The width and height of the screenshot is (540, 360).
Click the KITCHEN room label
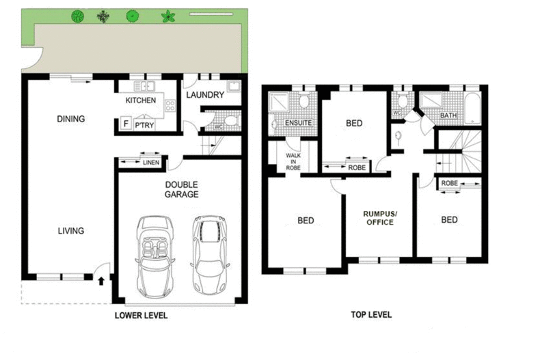tap(141, 100)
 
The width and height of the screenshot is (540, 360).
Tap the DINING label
tap(70, 119)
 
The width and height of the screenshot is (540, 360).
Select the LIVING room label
tap(71, 231)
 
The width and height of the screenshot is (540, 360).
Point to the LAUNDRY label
tap(205, 95)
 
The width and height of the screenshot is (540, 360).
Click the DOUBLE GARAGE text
tap(182, 190)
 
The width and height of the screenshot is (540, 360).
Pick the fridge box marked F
tap(126, 123)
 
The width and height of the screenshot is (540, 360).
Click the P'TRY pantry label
tap(144, 125)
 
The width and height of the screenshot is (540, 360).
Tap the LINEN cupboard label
tap(151, 163)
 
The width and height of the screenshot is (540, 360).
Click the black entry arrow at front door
tap(101, 281)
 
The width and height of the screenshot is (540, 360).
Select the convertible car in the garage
tap(154, 256)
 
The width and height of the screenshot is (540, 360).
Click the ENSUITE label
tap(298, 123)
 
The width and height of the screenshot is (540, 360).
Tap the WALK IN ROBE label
tap(293, 161)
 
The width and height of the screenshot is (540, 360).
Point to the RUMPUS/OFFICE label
tap(380, 218)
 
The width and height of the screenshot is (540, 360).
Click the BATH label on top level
tap(448, 115)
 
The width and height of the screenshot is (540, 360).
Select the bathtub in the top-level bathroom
tap(472, 109)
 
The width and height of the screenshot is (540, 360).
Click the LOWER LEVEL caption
tap(141, 316)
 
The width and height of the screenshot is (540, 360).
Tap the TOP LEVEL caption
tap(371, 314)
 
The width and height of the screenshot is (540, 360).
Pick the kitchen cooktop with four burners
tap(170, 105)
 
